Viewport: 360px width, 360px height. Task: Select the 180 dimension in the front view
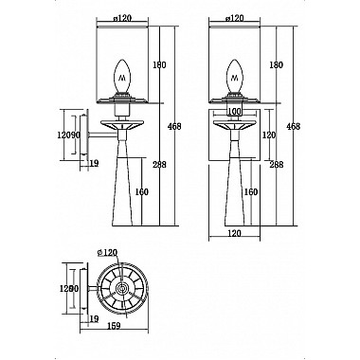click(275, 64)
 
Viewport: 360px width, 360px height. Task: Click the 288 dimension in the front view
click(277, 165)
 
